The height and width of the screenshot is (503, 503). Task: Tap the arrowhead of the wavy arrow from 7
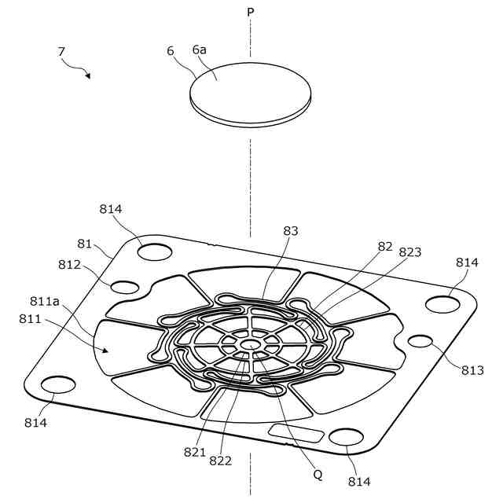click(88, 76)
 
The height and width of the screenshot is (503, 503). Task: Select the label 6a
click(200, 49)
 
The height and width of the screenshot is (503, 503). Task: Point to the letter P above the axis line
click(250, 13)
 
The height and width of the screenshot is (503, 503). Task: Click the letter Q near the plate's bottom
click(318, 475)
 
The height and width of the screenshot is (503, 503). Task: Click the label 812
click(68, 264)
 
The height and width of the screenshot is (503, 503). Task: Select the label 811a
click(45, 300)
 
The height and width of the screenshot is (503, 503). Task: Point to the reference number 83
click(291, 231)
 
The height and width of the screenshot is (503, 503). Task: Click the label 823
click(409, 252)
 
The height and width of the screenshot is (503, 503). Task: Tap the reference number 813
click(472, 370)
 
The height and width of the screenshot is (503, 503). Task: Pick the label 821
click(195, 452)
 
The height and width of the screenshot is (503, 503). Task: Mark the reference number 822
click(221, 461)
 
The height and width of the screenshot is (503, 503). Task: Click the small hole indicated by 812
click(126, 286)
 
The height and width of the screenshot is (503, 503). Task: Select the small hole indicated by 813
click(421, 341)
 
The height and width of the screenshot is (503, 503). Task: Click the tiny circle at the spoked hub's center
click(250, 344)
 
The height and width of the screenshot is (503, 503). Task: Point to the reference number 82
click(385, 246)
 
